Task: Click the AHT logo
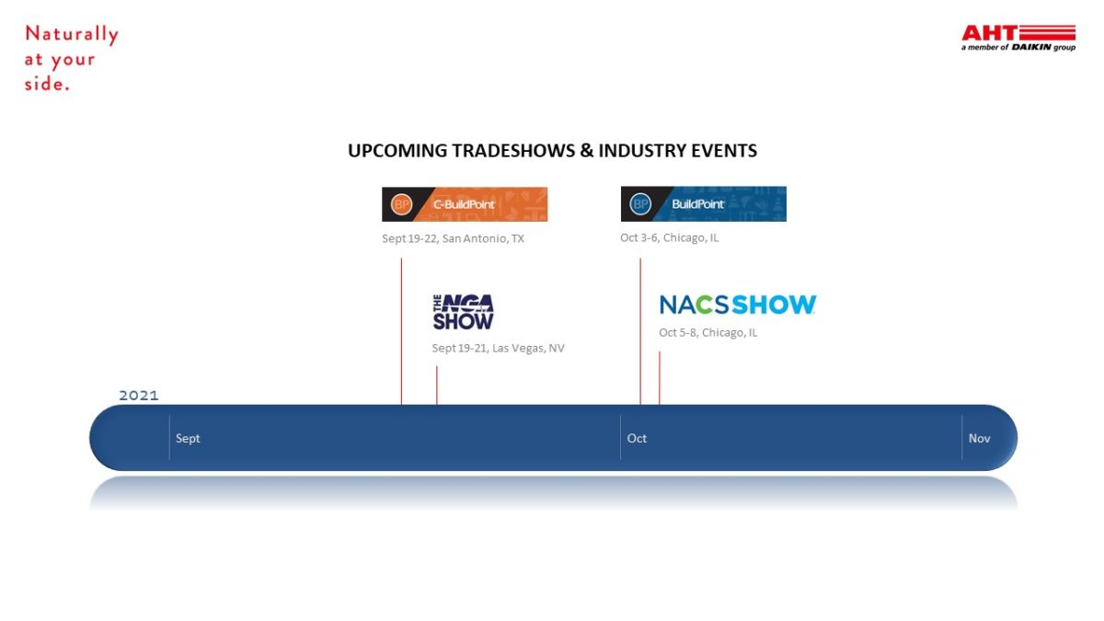coord(1018,38)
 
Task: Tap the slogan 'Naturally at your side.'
coord(72,58)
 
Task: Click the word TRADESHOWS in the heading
coord(513,150)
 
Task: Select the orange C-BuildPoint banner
coord(465,204)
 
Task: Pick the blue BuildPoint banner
coord(703,203)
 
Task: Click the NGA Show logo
coord(464,312)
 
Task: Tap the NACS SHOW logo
coord(738,305)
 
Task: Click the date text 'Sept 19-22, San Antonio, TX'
coord(453,238)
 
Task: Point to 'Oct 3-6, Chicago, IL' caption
coord(670,237)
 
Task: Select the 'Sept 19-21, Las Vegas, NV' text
coord(499,348)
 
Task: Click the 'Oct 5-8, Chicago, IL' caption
coord(708,333)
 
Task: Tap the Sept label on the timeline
coord(188,438)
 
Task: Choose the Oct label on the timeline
coord(637,438)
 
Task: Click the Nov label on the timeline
coord(979,438)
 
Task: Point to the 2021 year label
coord(139,396)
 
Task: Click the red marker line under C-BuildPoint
coord(401,331)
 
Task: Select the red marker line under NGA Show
coord(437,385)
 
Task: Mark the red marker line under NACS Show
coord(660,378)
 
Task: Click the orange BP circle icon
coord(401,204)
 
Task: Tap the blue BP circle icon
coord(640,203)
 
